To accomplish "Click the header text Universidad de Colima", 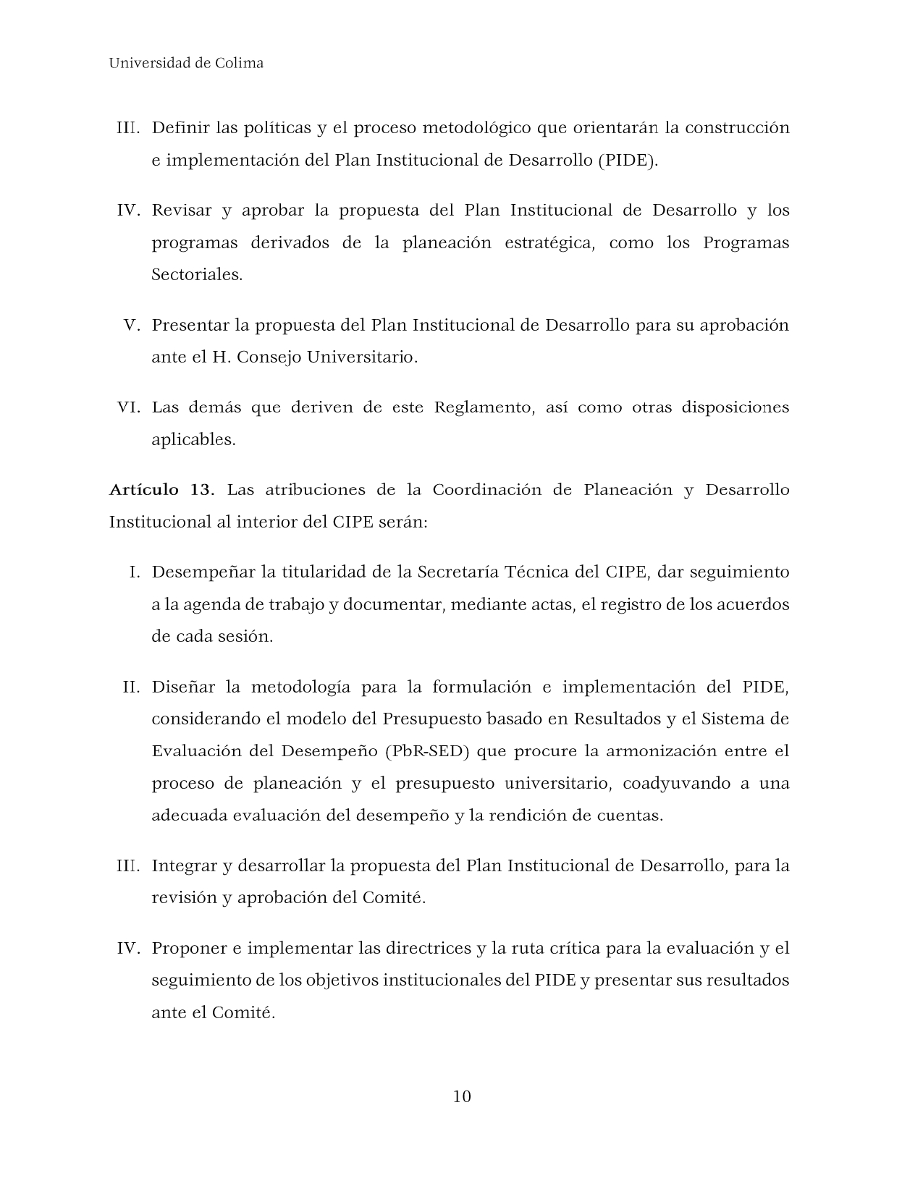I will [x=186, y=63].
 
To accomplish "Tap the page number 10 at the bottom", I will [x=462, y=1096].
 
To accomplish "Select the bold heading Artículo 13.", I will [x=161, y=490].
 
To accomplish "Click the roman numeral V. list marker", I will [x=131, y=325].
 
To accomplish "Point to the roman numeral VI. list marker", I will [x=128, y=407].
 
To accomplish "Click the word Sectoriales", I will [x=197, y=275].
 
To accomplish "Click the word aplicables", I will [x=193, y=440].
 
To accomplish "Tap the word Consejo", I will [x=268, y=357].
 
